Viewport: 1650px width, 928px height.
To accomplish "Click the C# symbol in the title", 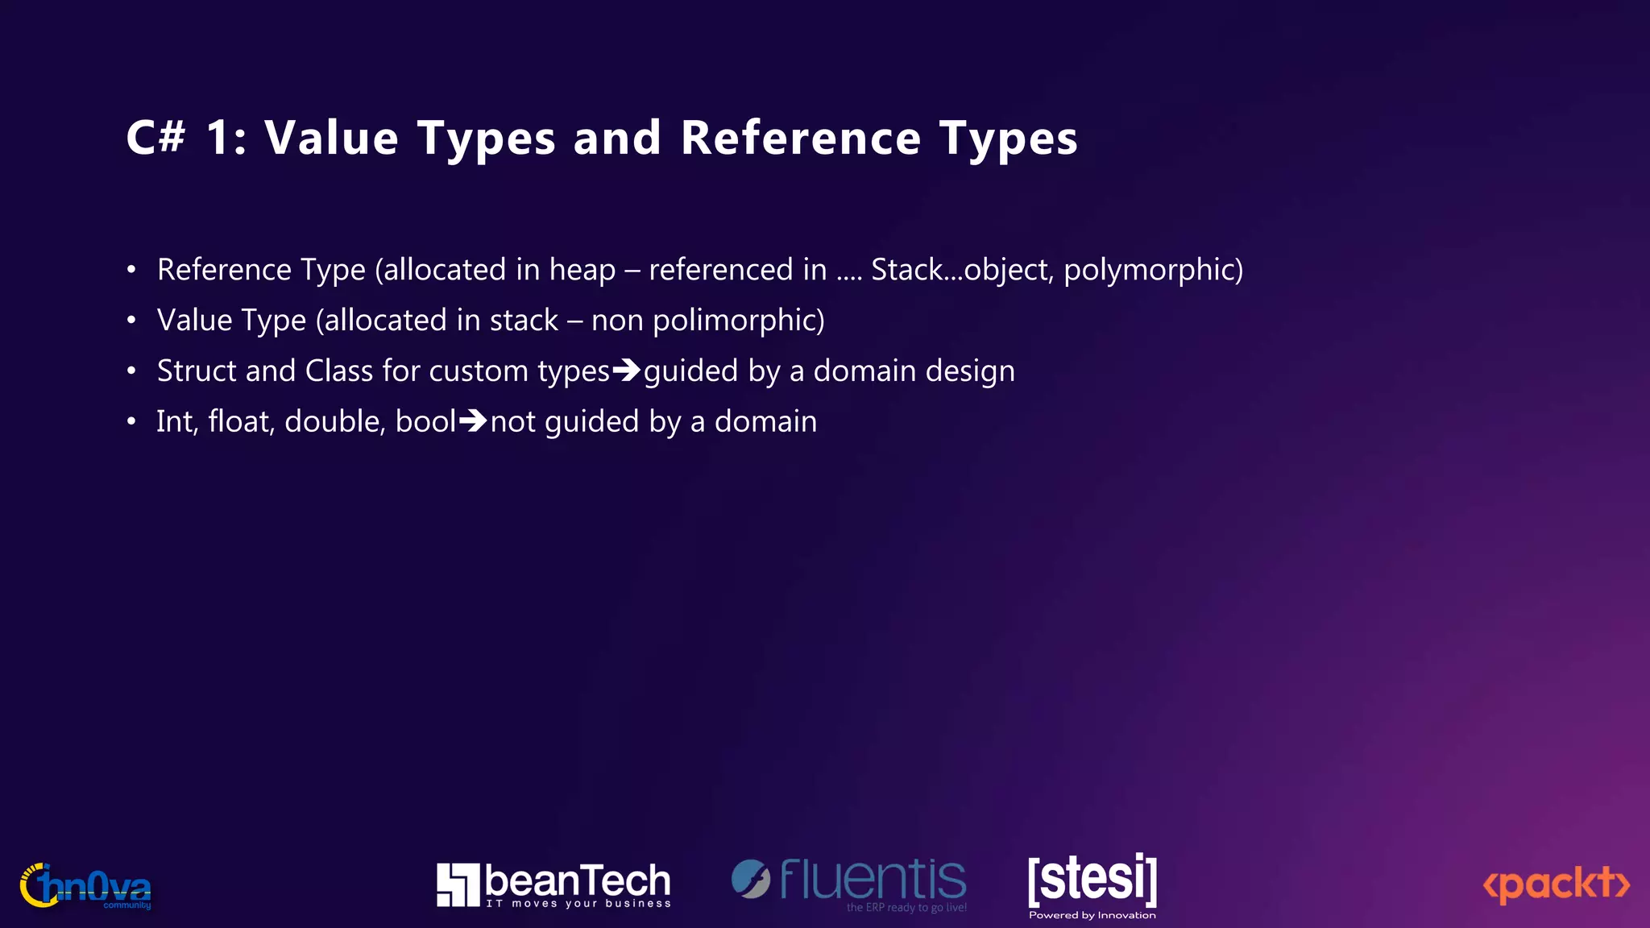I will point(156,137).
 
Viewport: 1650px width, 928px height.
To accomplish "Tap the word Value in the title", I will point(331,137).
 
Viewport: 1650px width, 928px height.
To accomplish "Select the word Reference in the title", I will point(800,137).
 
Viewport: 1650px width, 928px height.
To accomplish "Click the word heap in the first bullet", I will point(582,270).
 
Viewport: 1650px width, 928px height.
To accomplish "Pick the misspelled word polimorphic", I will point(737,321).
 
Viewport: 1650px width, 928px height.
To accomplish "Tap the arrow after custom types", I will point(627,371).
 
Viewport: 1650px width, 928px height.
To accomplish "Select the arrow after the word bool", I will point(473,421).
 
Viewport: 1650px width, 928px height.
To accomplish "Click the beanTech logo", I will point(553,884).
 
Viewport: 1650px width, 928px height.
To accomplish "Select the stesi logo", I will point(1092,880).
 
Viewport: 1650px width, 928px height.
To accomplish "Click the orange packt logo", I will point(1556,884).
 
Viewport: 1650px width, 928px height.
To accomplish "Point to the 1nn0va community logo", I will point(85,886).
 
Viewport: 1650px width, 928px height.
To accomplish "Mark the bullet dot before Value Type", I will point(131,321).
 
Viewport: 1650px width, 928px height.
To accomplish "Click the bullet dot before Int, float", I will point(131,422).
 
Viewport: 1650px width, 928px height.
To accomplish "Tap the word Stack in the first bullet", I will point(906,270).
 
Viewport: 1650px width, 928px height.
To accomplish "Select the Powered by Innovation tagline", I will point(1092,915).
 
